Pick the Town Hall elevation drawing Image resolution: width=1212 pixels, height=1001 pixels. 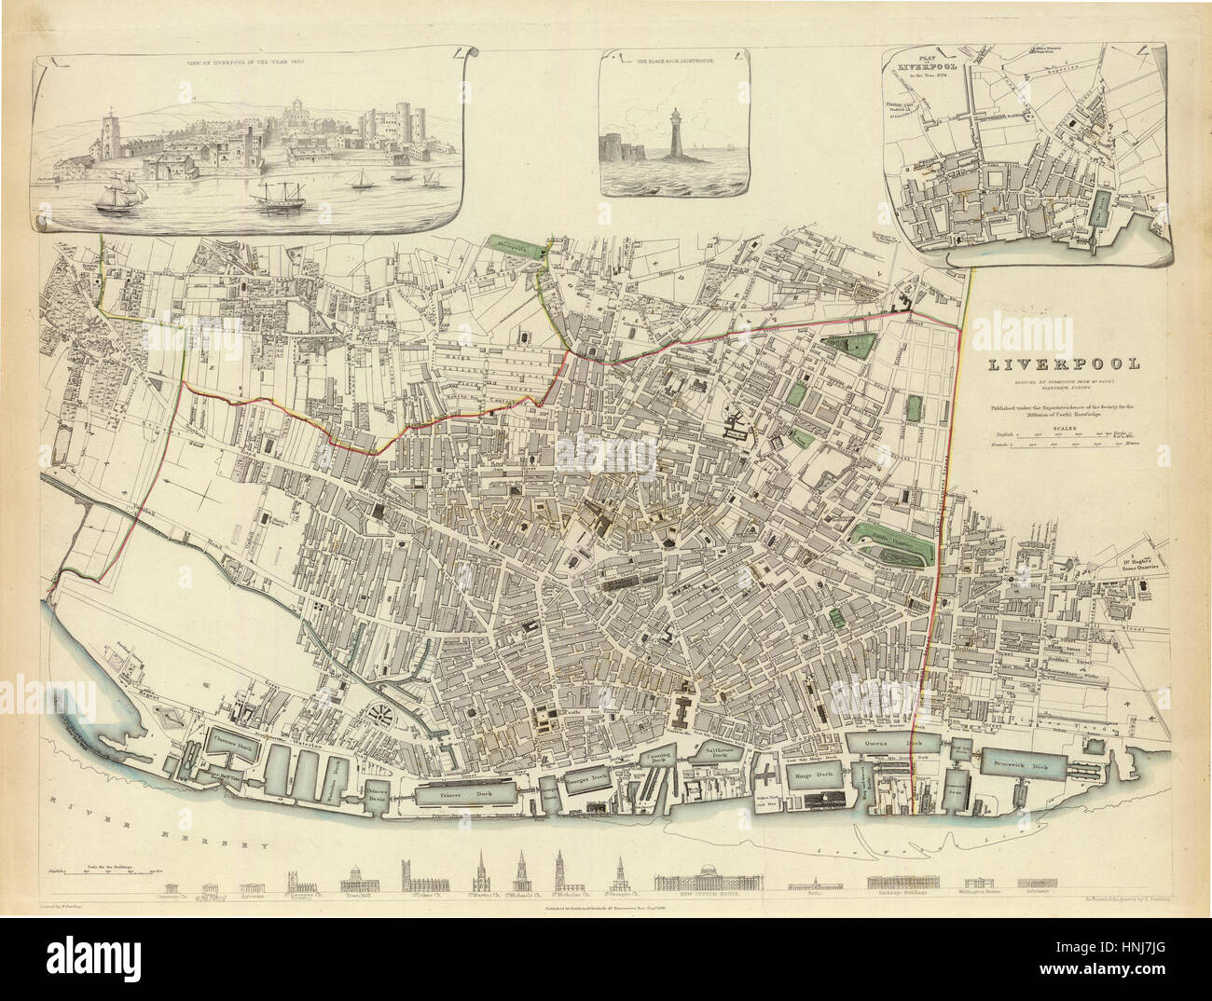(361, 881)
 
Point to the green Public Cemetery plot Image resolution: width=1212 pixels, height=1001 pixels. (891, 540)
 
